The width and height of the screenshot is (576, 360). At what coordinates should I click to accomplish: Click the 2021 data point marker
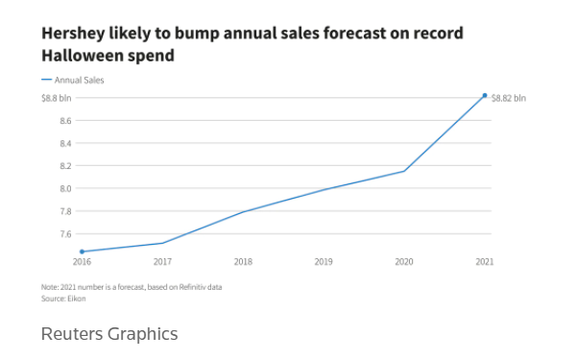click(x=485, y=95)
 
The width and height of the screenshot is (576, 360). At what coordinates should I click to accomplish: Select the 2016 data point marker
click(x=82, y=252)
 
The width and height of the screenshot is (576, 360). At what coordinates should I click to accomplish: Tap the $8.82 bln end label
click(x=509, y=98)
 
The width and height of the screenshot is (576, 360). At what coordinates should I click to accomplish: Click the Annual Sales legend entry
click(x=73, y=80)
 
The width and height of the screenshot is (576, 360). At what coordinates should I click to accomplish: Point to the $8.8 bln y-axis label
click(x=57, y=98)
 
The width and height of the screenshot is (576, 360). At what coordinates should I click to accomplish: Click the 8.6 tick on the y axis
click(x=65, y=121)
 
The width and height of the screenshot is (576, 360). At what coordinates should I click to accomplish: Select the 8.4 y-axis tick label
click(x=65, y=143)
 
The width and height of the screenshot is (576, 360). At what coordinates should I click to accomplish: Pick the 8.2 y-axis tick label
click(x=65, y=166)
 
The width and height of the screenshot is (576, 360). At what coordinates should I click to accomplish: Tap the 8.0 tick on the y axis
click(x=65, y=188)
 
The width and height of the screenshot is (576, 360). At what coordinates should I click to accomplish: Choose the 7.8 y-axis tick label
click(x=65, y=211)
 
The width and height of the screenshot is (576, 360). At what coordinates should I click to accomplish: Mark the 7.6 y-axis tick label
click(x=65, y=234)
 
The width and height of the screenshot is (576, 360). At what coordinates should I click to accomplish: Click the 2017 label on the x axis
click(x=162, y=261)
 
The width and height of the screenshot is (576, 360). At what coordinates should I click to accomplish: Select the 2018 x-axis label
click(x=243, y=261)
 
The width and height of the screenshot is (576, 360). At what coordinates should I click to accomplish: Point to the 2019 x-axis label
click(x=324, y=261)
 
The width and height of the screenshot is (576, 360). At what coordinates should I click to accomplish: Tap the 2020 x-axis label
click(x=404, y=261)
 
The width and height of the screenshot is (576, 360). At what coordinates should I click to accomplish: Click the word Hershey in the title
click(x=73, y=34)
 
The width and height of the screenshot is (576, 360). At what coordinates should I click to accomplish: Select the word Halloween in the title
click(x=83, y=56)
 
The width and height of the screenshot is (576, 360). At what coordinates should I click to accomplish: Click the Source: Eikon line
click(x=63, y=299)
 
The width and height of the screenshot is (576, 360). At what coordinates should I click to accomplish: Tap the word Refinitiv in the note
click(x=193, y=287)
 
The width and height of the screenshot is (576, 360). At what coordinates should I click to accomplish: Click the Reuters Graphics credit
click(x=109, y=334)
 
